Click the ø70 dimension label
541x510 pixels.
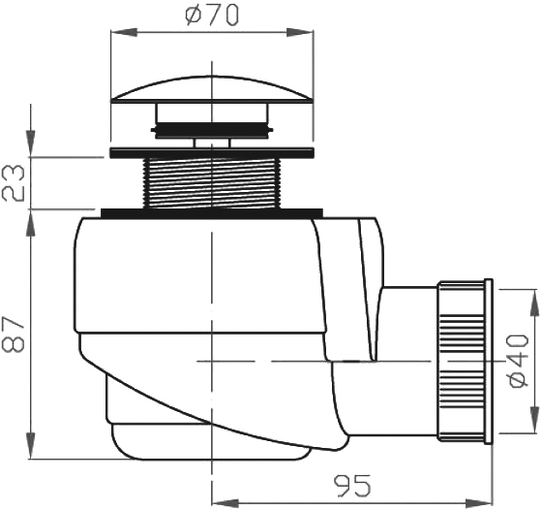[212, 16]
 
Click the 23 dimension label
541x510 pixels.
[14, 183]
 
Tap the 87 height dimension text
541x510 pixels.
[14, 335]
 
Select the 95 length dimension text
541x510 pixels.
[352, 486]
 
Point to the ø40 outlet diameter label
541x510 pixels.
[519, 361]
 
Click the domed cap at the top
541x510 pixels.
[212, 89]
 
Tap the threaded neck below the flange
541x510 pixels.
[212, 183]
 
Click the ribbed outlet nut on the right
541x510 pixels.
[461, 361]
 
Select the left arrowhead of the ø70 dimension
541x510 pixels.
[124, 33]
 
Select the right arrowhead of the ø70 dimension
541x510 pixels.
[300, 33]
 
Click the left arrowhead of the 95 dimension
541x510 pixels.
[225, 502]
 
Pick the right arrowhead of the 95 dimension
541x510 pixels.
[479, 502]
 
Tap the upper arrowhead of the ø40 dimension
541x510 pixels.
[534, 303]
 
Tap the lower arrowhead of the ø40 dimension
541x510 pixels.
[534, 420]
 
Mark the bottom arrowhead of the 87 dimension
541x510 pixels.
[31, 446]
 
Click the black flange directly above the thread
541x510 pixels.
[212, 153]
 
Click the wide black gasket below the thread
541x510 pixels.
[212, 213]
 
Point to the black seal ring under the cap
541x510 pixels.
[212, 130]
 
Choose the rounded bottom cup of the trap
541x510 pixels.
[211, 441]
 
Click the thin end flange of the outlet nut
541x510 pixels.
[489, 361]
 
